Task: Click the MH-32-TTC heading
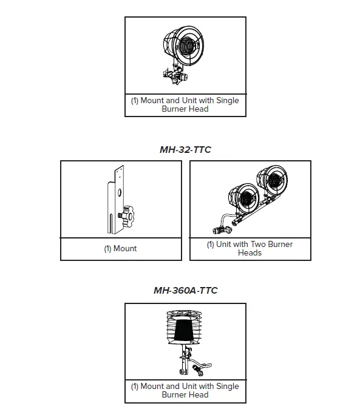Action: coord(185,149)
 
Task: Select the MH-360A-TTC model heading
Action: coord(185,290)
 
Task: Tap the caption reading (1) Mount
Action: coord(121,248)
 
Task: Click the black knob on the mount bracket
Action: coord(128,214)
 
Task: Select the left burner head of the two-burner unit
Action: coord(242,197)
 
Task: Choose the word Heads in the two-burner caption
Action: coord(250,252)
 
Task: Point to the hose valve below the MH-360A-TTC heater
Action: coord(199,368)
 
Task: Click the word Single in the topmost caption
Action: coord(226,101)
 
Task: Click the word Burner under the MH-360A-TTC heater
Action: coord(174,394)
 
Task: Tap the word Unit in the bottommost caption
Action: coord(194,386)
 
